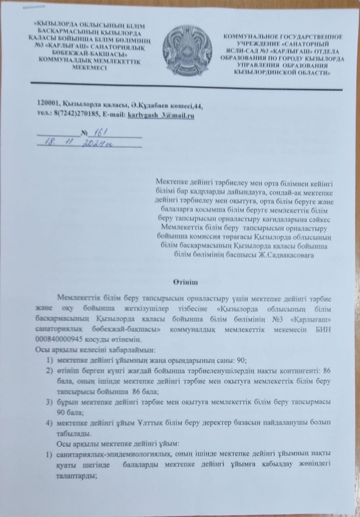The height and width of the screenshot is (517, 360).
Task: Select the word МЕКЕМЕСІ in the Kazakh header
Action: tap(89, 67)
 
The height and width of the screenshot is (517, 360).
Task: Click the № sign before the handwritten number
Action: tap(84, 133)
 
